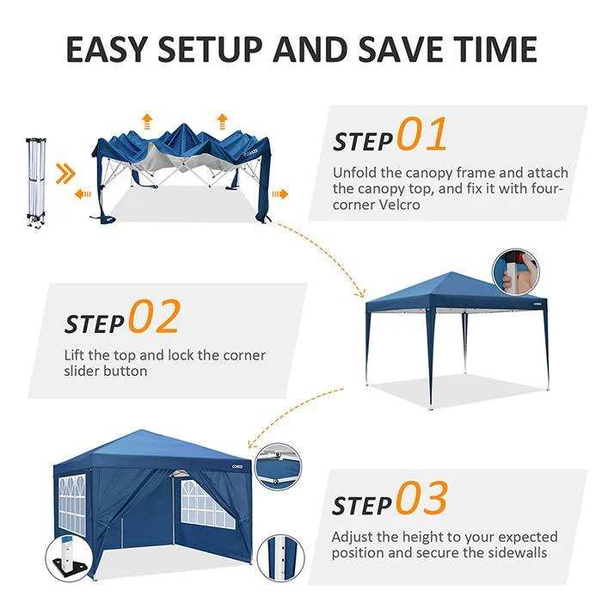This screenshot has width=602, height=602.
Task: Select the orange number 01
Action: pos(422,134)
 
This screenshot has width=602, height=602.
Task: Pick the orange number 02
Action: pos(154,316)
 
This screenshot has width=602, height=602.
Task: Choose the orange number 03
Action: pos(422,498)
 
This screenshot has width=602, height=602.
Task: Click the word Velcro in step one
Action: pos(399,205)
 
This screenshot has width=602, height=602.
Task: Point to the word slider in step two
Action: pos(83,372)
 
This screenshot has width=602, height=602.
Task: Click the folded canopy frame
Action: pos(36,181)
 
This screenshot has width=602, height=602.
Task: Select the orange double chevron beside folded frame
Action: pos(64,173)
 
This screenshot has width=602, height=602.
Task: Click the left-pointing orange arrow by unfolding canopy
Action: pos(83,193)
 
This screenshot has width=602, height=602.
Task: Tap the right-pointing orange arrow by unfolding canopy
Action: pos(279,193)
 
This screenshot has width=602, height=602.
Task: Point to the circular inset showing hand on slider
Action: pos(516,272)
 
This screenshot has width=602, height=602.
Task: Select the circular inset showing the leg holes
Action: pos(280,557)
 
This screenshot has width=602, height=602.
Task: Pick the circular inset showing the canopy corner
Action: pos(279,466)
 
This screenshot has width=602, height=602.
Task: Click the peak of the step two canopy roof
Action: pos(452,273)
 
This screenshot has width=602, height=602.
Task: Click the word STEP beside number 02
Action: pos(95,323)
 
